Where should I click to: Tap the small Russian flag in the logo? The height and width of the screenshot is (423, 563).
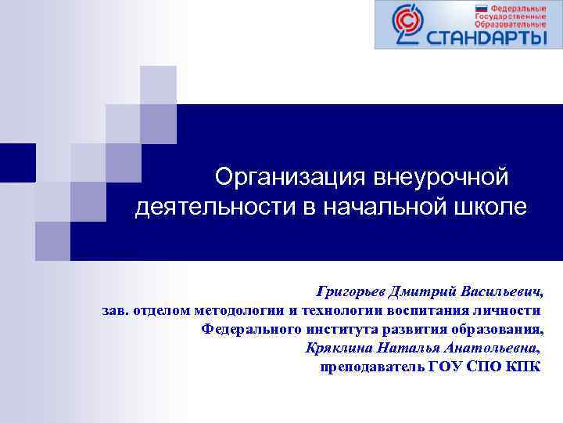(x=482, y=8)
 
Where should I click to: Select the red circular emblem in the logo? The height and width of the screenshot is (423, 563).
(x=407, y=23)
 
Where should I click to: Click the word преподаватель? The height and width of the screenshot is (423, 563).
(x=372, y=367)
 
